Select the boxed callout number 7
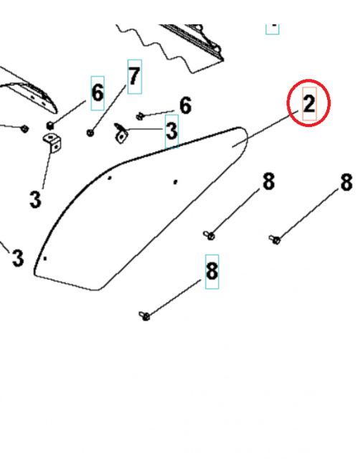pyautogui.click(x=135, y=77)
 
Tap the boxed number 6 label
pyautogui.click(x=98, y=91)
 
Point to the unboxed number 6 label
pyautogui.click(x=185, y=106)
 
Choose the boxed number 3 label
pyautogui.click(x=171, y=131)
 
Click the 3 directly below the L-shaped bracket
pyautogui.click(x=35, y=198)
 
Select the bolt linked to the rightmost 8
pyautogui.click(x=273, y=238)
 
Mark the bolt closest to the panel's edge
pyautogui.click(x=209, y=233)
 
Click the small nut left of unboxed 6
pyautogui.click(x=140, y=114)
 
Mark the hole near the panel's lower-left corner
pyautogui.click(x=45, y=257)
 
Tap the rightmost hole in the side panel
pyautogui.click(x=176, y=181)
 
